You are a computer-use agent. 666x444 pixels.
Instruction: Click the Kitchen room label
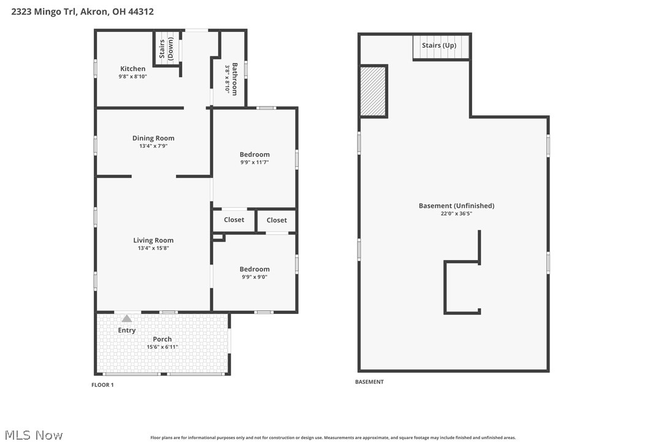(x=132, y=69)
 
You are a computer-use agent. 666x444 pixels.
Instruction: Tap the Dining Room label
(x=153, y=138)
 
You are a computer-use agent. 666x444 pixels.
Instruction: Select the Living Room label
(x=153, y=240)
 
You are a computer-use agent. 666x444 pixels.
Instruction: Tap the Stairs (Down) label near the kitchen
(x=166, y=49)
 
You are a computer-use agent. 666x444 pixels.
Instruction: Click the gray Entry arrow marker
(x=126, y=318)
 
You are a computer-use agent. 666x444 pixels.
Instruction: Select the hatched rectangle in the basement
(x=372, y=91)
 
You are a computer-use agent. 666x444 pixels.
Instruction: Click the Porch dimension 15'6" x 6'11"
(x=163, y=347)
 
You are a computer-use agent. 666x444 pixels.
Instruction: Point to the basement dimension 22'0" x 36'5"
(x=456, y=213)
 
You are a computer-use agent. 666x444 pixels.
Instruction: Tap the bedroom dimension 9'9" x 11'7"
(x=255, y=163)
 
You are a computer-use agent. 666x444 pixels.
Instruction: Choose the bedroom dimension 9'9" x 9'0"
(x=255, y=277)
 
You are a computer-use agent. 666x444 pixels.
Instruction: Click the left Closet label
(x=234, y=220)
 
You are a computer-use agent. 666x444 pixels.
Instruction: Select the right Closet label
(x=277, y=220)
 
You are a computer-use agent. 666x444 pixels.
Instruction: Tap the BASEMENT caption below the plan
(x=369, y=382)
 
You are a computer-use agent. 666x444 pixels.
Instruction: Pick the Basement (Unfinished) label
(x=456, y=205)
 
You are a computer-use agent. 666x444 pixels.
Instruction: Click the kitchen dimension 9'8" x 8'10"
(x=132, y=77)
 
